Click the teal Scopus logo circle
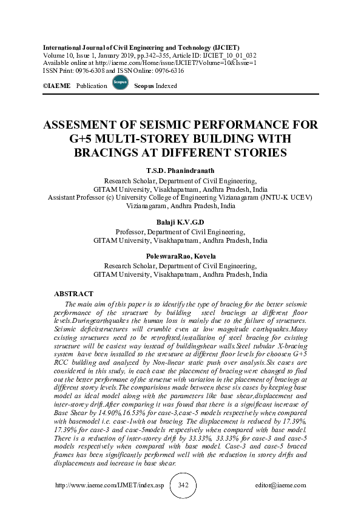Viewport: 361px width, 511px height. point(120,85)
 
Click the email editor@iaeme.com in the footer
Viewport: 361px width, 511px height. point(281,486)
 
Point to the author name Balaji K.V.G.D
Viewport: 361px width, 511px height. point(180,223)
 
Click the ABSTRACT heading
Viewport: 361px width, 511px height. point(73,294)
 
